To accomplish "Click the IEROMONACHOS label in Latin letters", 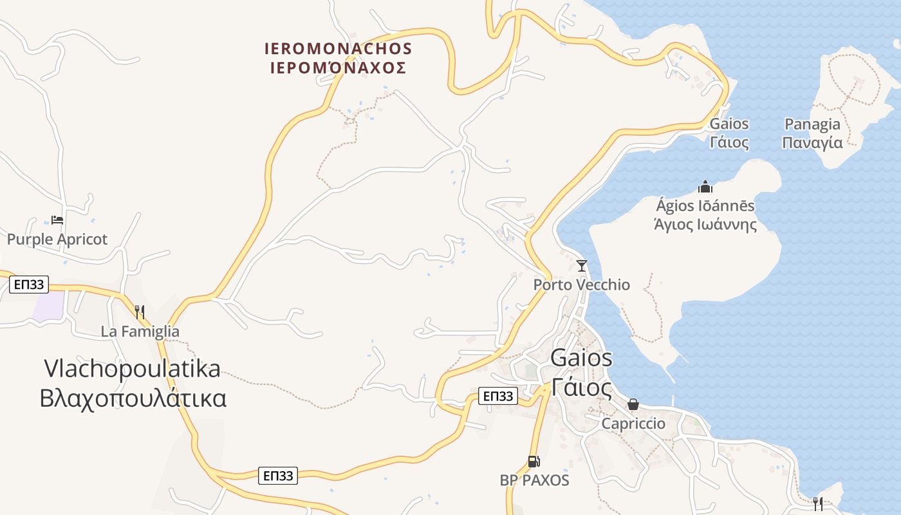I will tap(338, 49).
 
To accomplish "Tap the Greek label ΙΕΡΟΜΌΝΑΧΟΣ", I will tap(338, 68).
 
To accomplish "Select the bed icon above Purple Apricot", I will tap(57, 220).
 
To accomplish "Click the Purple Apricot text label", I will tap(57, 239).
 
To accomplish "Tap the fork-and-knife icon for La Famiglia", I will tap(140, 312).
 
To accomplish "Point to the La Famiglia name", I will tap(140, 332).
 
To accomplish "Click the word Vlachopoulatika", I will tap(133, 369).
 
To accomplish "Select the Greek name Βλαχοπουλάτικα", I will tap(133, 398).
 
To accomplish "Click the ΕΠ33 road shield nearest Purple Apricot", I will tap(29, 285).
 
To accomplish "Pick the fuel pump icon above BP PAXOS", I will tap(534, 462).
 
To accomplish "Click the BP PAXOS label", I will tap(534, 480).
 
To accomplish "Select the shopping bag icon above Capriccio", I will tap(633, 404).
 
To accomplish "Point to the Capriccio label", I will tap(633, 424).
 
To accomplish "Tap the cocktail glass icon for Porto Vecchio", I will tap(582, 265).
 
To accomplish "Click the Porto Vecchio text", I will tap(582, 285).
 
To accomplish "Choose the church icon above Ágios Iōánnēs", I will tap(705, 187).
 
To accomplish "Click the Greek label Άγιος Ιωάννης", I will tap(705, 225).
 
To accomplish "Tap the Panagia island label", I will tap(812, 124).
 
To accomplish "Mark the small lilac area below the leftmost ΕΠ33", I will tap(48, 306).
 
